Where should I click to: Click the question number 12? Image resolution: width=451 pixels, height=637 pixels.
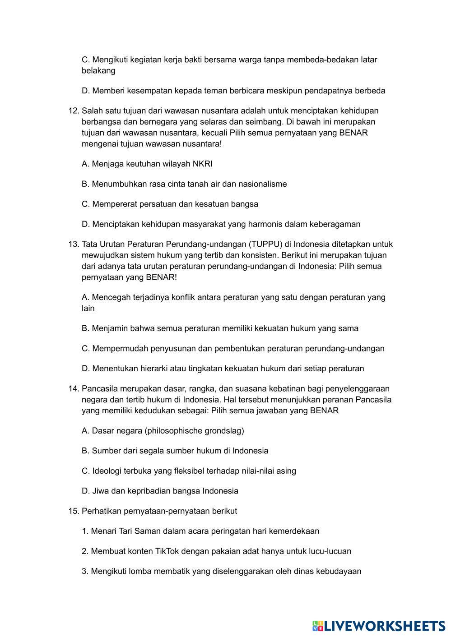74,111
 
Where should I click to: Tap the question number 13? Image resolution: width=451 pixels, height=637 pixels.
74,245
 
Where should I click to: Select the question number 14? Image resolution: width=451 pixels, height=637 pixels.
74,389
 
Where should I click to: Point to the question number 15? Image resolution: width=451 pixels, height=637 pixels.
74,511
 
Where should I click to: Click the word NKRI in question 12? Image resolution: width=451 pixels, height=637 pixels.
202,164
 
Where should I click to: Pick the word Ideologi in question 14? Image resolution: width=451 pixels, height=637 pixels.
107,471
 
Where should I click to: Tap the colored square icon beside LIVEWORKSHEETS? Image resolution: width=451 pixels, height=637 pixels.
318,626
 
